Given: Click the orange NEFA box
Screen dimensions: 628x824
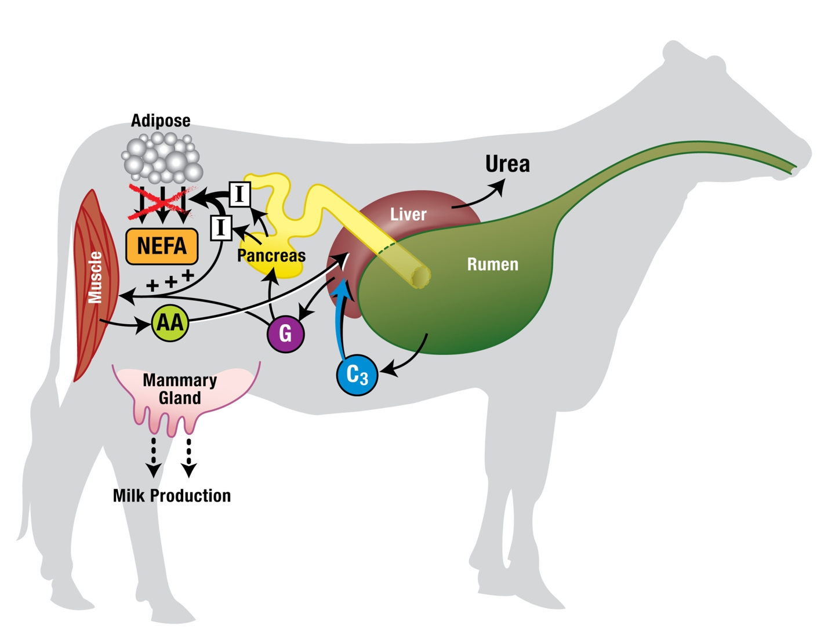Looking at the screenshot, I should pyautogui.click(x=162, y=246).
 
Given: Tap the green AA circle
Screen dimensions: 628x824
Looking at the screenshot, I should pyautogui.click(x=170, y=322).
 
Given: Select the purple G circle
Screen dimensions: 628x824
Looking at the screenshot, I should pyautogui.click(x=285, y=333).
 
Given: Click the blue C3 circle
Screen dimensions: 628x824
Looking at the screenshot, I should pyautogui.click(x=357, y=375).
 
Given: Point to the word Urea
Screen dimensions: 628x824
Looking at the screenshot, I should pyautogui.click(x=507, y=164).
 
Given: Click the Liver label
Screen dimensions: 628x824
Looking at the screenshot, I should pyautogui.click(x=408, y=215).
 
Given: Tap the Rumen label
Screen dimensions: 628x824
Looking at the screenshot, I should pyautogui.click(x=492, y=264).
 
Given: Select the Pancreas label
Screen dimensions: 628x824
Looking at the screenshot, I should pyautogui.click(x=271, y=255).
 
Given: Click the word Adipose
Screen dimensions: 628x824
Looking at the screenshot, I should pyautogui.click(x=161, y=121).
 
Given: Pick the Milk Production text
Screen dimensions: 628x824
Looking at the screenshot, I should pyautogui.click(x=172, y=496).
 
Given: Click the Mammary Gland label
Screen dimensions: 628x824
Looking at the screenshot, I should pyautogui.click(x=180, y=389).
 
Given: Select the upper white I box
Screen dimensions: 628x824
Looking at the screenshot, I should pyautogui.click(x=239, y=194).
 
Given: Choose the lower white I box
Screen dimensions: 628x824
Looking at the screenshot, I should pyautogui.click(x=220, y=228).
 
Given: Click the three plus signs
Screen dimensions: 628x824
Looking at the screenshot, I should pyautogui.click(x=170, y=281).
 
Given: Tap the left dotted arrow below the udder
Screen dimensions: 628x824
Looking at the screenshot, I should pyautogui.click(x=153, y=458).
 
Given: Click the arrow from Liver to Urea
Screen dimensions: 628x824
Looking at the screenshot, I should pyautogui.click(x=478, y=197).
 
